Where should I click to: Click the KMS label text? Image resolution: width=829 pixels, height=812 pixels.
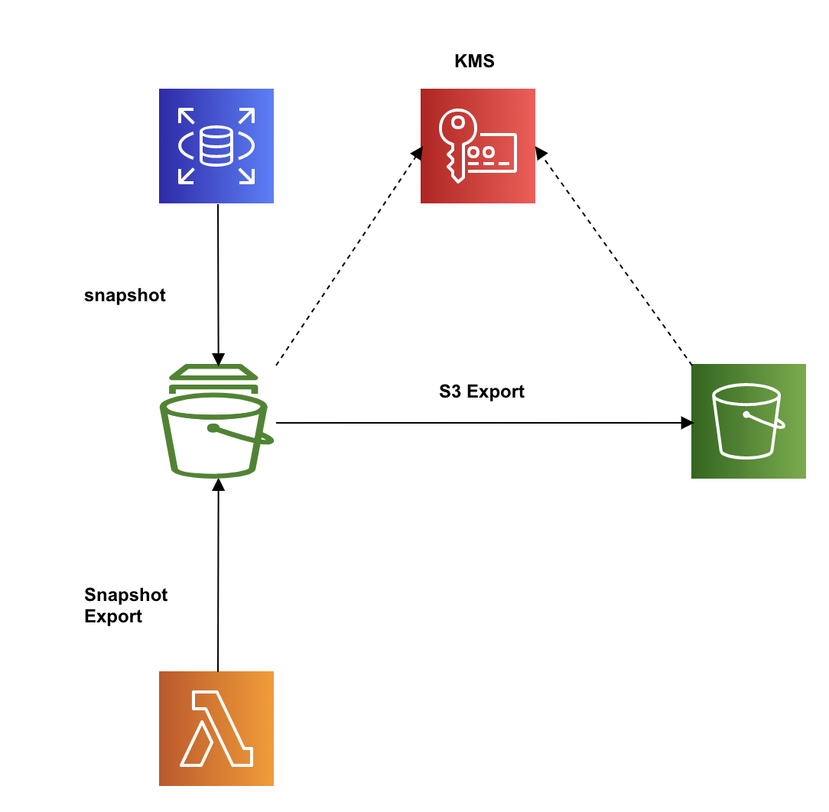(x=474, y=62)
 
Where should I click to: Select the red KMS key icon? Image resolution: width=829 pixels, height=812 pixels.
(x=478, y=146)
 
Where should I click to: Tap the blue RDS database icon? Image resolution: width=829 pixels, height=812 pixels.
(x=216, y=146)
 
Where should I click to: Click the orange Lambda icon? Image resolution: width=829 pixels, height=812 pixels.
(x=216, y=729)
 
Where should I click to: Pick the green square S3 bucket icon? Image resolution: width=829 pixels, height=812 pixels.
(x=748, y=421)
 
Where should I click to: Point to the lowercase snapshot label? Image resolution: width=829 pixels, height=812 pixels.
(x=125, y=296)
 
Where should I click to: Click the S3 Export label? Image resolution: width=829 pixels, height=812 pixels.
(x=482, y=391)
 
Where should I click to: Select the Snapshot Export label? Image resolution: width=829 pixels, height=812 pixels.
(x=125, y=606)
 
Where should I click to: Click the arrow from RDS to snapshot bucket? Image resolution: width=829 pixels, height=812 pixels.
(x=218, y=283)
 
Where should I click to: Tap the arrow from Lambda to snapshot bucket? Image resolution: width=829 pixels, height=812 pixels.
(x=219, y=573)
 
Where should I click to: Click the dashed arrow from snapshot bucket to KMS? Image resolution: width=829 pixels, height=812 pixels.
(x=348, y=256)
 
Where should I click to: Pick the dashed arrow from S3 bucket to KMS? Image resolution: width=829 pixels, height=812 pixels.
(x=616, y=256)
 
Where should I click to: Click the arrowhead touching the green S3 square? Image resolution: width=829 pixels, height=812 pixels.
(x=686, y=422)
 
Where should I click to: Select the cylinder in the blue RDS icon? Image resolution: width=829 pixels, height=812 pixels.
(x=216, y=145)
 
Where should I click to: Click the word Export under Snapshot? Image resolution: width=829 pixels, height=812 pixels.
(x=113, y=616)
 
